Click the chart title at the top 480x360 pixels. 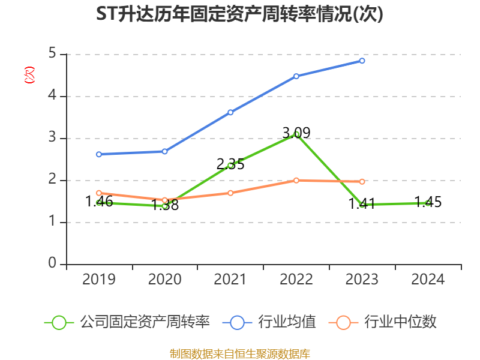239,14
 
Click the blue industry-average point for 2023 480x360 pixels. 362,61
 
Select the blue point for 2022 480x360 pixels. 296,76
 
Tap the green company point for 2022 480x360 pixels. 296,134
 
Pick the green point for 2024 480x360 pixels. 428,203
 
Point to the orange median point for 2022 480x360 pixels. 296,180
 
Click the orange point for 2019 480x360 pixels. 99,193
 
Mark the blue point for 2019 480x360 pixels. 99,154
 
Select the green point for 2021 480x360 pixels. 230,165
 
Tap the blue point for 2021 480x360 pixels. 230,112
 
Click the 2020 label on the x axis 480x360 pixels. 165,280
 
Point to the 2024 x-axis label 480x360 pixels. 428,280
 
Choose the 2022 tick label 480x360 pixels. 296,280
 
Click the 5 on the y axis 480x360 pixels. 53,54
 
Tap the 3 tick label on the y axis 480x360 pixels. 53,138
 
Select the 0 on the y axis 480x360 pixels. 53,264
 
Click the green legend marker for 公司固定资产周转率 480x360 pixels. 59,322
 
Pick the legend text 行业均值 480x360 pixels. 287,322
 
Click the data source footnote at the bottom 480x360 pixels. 239,353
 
